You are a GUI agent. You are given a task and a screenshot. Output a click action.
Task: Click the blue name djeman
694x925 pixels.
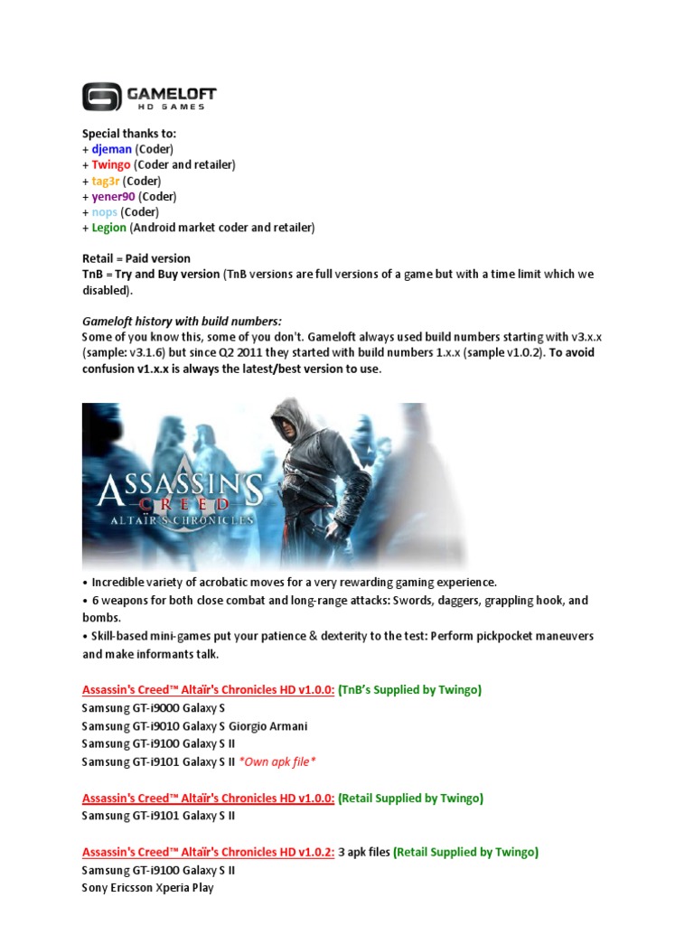(x=111, y=149)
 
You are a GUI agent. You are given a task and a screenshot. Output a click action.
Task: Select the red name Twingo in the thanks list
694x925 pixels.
(x=111, y=164)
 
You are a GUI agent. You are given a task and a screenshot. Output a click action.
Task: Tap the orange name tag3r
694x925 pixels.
(x=106, y=181)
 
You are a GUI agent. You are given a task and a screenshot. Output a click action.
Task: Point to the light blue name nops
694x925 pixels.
(x=104, y=212)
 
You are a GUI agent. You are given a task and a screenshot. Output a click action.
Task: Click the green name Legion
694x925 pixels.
(x=108, y=228)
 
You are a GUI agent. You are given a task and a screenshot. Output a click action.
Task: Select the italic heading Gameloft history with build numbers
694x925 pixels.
(x=182, y=321)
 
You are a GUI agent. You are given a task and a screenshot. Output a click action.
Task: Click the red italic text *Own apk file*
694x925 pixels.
(x=276, y=761)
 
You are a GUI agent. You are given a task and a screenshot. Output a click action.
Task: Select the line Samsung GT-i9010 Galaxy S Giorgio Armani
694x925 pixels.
(x=194, y=725)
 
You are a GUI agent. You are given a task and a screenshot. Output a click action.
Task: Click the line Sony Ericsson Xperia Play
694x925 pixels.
(x=147, y=888)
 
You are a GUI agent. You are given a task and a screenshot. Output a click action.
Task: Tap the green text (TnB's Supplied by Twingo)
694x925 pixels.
(x=409, y=690)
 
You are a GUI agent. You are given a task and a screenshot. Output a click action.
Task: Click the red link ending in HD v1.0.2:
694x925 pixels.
(x=208, y=852)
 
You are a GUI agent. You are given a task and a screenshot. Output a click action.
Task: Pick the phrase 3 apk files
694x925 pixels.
(x=364, y=852)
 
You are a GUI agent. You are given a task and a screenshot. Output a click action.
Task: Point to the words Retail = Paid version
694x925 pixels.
(x=136, y=258)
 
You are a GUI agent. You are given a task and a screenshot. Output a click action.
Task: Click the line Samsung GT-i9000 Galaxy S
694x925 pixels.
(x=153, y=707)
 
